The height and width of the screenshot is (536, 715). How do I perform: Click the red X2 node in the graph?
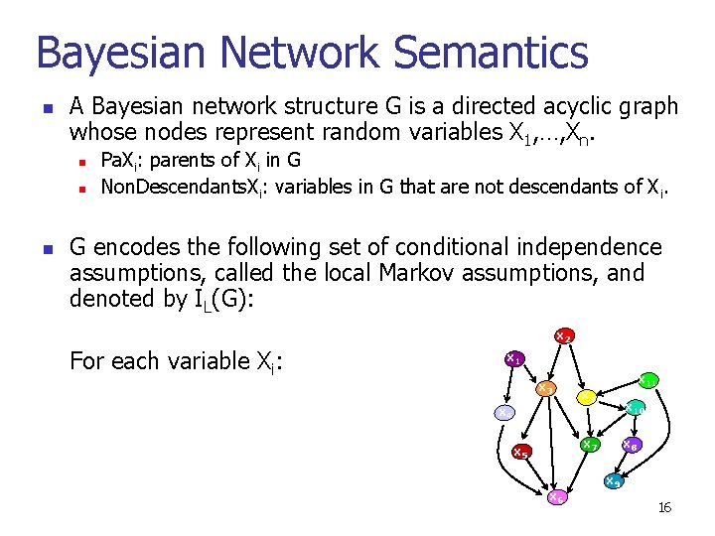[562, 336]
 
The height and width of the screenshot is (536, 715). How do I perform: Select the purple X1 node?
[514, 358]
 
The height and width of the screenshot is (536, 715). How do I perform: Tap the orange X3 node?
[545, 388]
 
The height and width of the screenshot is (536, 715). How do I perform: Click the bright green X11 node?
[645, 380]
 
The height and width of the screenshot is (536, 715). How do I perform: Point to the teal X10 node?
[635, 408]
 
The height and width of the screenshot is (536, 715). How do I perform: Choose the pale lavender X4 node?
[504, 412]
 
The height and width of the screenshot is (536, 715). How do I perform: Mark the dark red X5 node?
[521, 453]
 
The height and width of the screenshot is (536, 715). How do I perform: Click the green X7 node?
[589, 444]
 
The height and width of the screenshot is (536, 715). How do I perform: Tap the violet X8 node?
[630, 446]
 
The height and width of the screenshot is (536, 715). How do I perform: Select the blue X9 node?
[614, 482]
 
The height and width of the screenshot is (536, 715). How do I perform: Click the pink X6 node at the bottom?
[558, 496]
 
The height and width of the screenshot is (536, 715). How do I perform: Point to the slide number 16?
[664, 508]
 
